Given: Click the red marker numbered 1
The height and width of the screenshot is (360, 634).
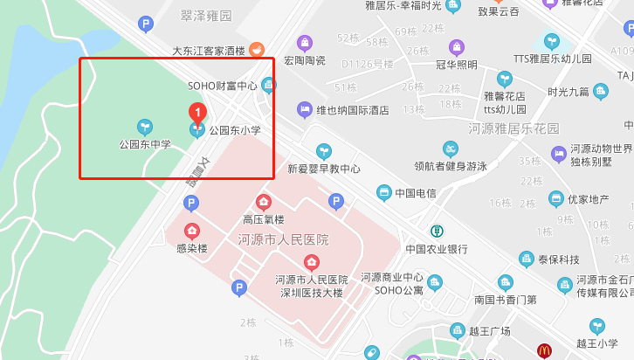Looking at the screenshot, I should click(x=197, y=113).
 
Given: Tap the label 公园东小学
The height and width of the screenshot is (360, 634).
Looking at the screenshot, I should click(x=234, y=130).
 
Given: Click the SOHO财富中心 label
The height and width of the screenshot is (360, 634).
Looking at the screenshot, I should click(x=223, y=86).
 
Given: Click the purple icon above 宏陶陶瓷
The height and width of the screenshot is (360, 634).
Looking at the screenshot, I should click(x=304, y=42).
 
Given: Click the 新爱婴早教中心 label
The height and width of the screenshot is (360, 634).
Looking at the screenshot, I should click(x=324, y=169).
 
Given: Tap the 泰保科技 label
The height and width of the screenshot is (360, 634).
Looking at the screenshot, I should click(x=558, y=259).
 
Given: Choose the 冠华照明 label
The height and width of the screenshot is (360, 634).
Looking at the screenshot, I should click(x=456, y=64).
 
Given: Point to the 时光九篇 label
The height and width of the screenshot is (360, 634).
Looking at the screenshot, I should click(x=569, y=91).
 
